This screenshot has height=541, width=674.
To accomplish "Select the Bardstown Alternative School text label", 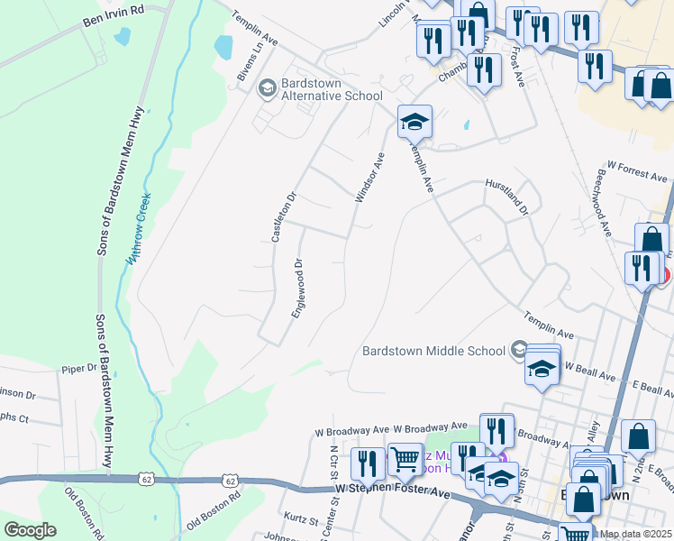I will [332, 89].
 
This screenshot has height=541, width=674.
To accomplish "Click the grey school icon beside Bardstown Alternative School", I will [267, 88].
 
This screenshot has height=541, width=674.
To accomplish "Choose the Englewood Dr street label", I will [297, 288].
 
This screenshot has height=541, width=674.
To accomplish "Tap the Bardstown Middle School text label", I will [434, 350].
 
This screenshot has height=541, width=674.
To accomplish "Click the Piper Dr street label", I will [78, 368].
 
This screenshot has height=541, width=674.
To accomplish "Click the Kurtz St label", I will [302, 521].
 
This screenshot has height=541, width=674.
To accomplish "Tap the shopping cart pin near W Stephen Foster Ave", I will [405, 459].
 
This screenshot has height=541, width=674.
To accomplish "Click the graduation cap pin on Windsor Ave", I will [415, 122].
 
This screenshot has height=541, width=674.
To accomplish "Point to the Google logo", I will [31, 530].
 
